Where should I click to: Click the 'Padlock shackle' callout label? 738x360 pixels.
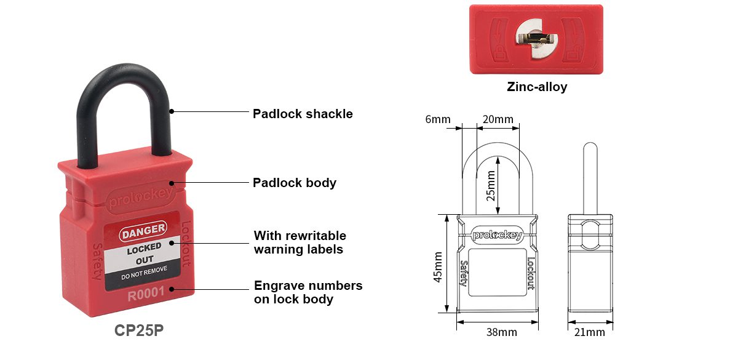tap(303, 114)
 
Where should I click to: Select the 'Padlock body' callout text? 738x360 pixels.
tap(295, 183)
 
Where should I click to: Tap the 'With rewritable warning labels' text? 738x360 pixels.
tap(300, 242)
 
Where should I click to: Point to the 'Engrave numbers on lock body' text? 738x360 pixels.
tap(308, 292)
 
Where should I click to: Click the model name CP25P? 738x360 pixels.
tap(139, 330)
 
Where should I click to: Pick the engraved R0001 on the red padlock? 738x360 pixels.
tap(146, 294)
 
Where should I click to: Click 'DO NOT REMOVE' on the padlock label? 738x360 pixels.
tap(144, 273)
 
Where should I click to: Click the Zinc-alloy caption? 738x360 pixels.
tap(537, 87)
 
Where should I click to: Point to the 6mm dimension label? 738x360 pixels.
tap(437, 119)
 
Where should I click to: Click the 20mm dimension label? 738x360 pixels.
tap(498, 119)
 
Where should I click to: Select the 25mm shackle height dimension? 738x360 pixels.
tap(491, 186)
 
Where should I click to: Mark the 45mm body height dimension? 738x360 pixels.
tap(437, 267)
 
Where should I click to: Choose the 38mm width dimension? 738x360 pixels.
tap(501, 332)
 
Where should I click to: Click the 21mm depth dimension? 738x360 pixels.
tap(589, 332)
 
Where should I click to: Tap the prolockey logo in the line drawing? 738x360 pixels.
tap(498, 235)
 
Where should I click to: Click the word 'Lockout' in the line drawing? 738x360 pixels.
tap(531, 273)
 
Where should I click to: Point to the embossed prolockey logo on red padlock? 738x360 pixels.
tap(140, 198)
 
